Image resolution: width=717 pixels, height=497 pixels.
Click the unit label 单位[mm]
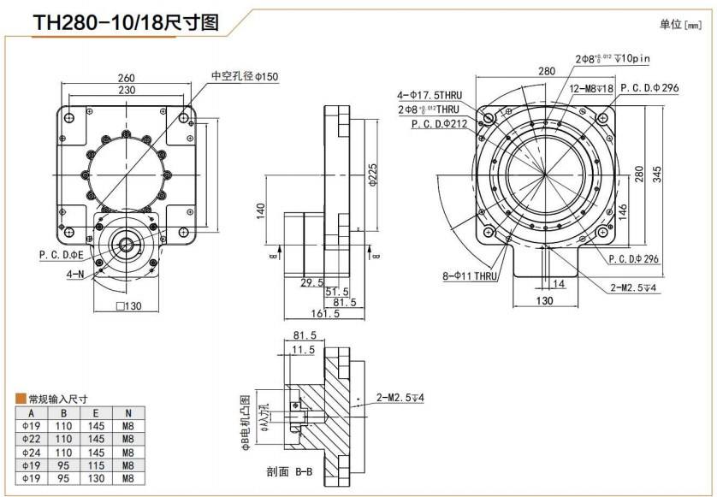tap(680, 25)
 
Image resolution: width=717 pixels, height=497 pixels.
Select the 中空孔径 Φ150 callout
tap(245, 76)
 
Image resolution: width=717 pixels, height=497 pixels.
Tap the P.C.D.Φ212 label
tap(438, 123)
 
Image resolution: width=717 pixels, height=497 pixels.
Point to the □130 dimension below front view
tap(127, 306)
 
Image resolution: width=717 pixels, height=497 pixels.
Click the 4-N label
tap(74, 275)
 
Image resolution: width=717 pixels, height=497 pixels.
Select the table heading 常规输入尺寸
tap(57, 399)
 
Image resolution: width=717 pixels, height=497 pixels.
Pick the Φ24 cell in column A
tap(32, 453)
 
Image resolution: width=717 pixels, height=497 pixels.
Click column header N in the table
tap(127, 412)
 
